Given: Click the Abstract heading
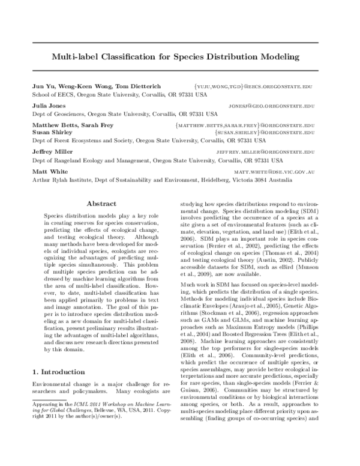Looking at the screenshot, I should (x=101, y=204).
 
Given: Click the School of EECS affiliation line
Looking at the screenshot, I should (x=119, y=95).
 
